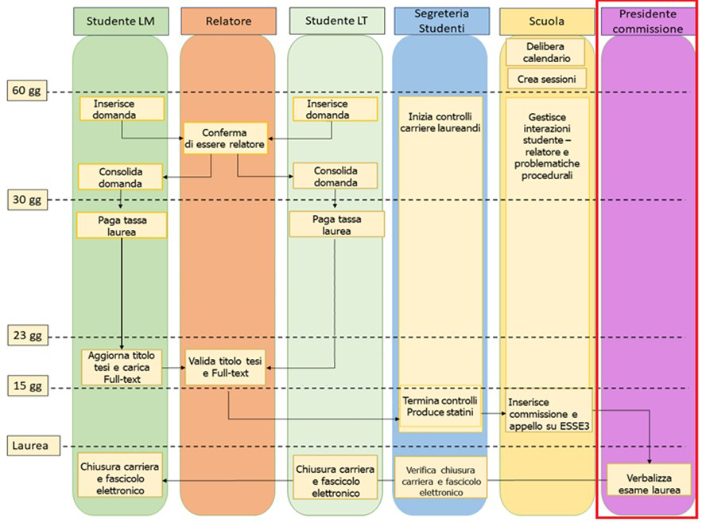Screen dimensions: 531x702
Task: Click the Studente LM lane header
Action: (120, 21)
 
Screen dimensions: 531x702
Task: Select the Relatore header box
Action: (227, 21)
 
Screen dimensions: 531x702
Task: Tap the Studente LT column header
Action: (334, 21)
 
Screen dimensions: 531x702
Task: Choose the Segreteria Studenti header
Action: (440, 21)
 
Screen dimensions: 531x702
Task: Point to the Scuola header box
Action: (547, 21)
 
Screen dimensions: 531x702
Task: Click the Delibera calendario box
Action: (545, 52)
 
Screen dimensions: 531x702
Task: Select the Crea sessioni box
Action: (546, 79)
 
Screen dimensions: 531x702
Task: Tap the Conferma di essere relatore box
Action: (225, 138)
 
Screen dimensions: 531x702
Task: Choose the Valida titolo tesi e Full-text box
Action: (225, 367)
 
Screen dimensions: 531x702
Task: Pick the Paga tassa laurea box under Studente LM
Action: (122, 225)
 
